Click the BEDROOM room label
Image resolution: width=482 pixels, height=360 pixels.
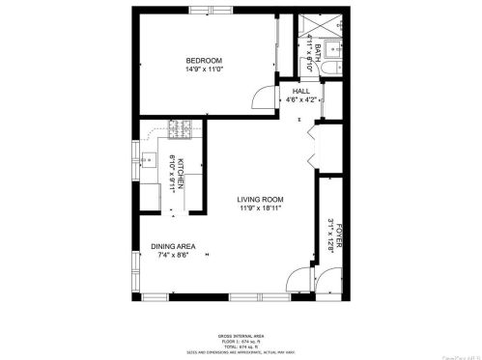pyautogui.click(x=204, y=61)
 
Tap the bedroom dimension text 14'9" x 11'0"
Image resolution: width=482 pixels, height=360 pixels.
pyautogui.click(x=204, y=69)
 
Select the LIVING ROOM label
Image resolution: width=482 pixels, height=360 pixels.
pyautogui.click(x=259, y=200)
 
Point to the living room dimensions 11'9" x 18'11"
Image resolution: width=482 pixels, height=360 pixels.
pyautogui.click(x=259, y=208)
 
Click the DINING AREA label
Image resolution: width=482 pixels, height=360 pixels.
pyautogui.click(x=174, y=247)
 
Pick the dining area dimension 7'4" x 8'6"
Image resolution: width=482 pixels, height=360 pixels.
pyautogui.click(x=174, y=256)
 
